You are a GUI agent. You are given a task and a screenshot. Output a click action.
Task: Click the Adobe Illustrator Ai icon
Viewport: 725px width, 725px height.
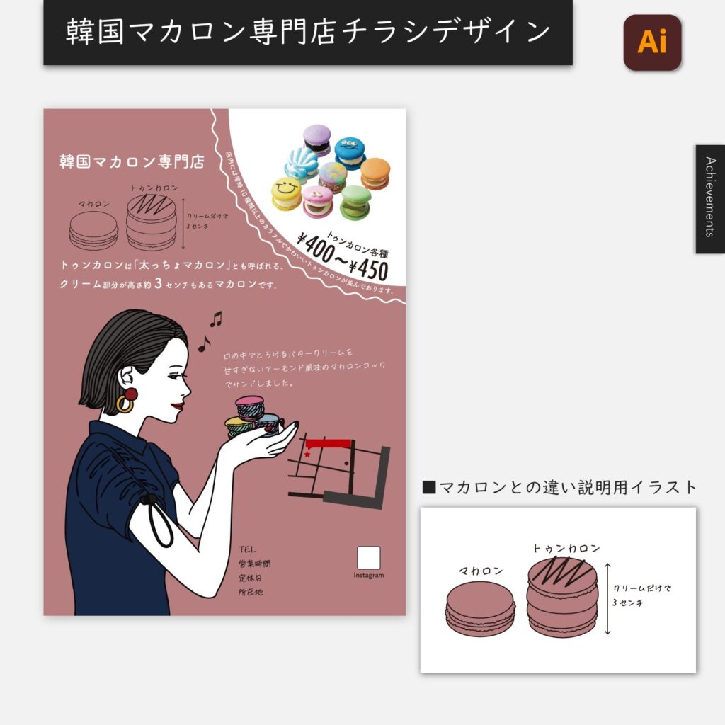652,42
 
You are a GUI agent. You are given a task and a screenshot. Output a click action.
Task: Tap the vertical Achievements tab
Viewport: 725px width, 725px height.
709,198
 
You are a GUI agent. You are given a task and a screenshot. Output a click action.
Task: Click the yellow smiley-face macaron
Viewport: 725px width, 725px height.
287,193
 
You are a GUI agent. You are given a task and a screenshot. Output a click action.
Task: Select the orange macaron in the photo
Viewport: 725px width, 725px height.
375,173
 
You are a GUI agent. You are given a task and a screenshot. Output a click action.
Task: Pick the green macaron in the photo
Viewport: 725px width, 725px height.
355,201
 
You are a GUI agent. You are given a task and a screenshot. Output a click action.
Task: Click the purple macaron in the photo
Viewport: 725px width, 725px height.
316,139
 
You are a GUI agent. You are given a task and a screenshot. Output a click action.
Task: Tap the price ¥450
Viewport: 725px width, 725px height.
365,270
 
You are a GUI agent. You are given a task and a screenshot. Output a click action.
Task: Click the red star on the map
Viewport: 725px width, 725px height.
307,453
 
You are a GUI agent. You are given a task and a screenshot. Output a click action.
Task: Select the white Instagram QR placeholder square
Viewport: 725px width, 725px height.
368,557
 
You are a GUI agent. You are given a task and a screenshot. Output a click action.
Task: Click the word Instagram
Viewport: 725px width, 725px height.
368,575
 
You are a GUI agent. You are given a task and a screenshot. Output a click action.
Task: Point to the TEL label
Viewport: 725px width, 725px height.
247,549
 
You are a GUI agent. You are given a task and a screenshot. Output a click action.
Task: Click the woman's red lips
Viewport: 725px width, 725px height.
177,406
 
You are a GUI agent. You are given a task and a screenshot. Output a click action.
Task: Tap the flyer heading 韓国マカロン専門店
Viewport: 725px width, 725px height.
132,161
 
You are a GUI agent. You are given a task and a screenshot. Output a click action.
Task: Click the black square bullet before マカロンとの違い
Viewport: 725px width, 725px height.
428,487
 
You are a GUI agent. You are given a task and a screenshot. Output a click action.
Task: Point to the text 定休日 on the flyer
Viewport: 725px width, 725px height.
251,578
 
